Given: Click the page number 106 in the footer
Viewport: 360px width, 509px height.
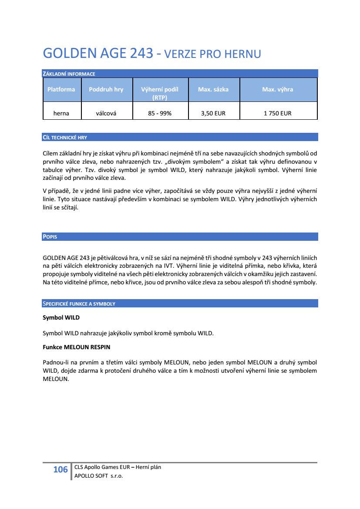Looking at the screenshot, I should point(61,469).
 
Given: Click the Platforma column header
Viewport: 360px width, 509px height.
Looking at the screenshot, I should point(61,89).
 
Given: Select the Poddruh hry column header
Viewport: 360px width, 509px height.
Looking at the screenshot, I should point(106,89).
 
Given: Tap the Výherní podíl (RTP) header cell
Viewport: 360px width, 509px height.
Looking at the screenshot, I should point(160,93).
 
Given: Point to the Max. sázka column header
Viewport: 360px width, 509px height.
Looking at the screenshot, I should point(213,89).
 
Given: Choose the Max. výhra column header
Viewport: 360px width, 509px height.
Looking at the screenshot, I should point(277,89).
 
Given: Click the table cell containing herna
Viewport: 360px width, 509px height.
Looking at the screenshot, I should point(61,113).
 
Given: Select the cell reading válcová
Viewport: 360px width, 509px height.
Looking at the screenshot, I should point(106,113).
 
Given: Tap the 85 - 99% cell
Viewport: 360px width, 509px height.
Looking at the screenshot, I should point(160,113).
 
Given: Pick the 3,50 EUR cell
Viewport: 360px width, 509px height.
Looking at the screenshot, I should point(213,113).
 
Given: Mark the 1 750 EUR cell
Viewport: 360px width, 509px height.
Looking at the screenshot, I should point(277,113).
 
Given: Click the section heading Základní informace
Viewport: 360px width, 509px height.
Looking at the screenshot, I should point(69,74).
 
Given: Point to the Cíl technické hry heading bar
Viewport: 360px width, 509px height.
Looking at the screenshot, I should point(65,138).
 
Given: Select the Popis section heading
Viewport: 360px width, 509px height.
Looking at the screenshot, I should point(50,237).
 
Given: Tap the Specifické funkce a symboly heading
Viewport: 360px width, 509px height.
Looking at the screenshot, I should point(79,303).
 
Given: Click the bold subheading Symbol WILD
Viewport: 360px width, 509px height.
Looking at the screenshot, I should point(61,317).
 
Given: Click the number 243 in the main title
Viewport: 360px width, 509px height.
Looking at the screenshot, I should point(141,54).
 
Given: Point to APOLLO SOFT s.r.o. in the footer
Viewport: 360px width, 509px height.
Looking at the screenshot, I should point(99,476).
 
